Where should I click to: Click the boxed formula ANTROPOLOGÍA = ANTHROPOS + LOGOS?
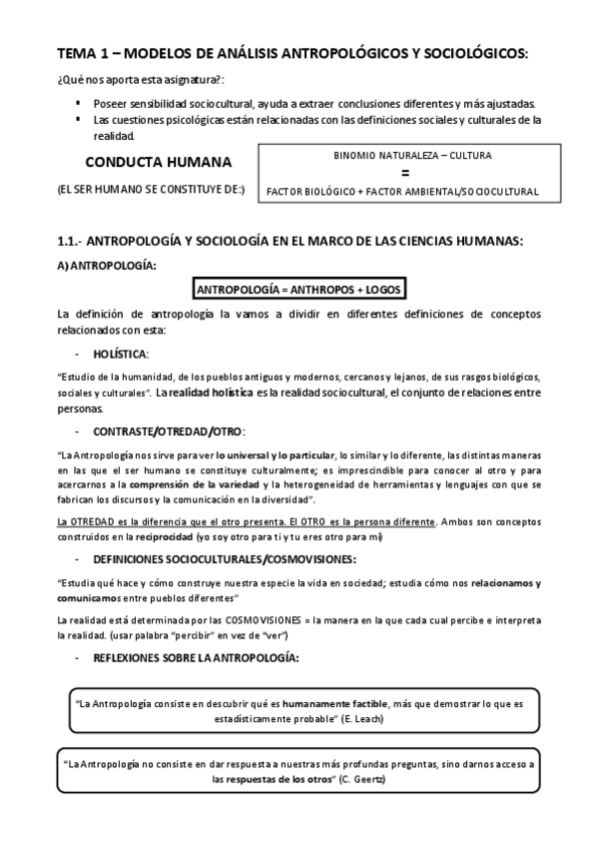(x=299, y=290)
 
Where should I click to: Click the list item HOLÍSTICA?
(x=120, y=354)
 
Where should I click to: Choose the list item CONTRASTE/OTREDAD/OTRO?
(x=168, y=430)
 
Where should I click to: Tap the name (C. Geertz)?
(x=362, y=778)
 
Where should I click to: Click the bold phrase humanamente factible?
(x=330, y=702)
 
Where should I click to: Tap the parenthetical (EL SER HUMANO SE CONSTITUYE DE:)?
(x=151, y=191)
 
